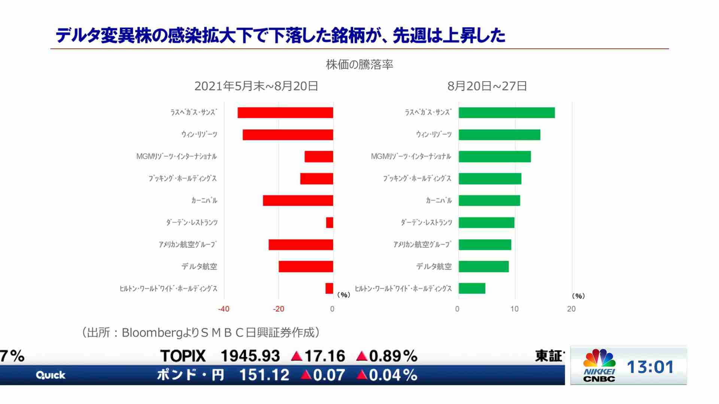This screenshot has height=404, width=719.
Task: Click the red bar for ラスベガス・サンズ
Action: pyautogui.click(x=285, y=113)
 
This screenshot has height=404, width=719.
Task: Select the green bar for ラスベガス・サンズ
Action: pyautogui.click(x=506, y=113)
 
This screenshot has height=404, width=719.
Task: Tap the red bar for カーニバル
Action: pyautogui.click(x=298, y=201)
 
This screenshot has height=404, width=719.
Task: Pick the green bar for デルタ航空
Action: pyautogui.click(x=483, y=267)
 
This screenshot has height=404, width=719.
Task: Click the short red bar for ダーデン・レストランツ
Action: pyautogui.click(x=330, y=223)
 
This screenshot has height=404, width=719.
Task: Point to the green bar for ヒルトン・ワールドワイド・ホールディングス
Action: pyautogui.click(x=472, y=288)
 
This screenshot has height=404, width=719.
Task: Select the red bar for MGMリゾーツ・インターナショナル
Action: pyautogui.click(x=319, y=157)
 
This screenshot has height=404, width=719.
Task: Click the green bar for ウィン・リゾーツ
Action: pyautogui.click(x=499, y=135)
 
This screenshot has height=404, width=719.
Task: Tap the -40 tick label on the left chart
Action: pyautogui.click(x=224, y=309)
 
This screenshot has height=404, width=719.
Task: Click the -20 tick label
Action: pyautogui.click(x=278, y=309)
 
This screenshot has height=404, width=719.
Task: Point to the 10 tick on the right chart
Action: pyautogui.click(x=515, y=309)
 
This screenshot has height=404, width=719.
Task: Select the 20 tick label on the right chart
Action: pyautogui.click(x=571, y=309)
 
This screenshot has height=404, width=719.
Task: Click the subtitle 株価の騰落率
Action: pyautogui.click(x=359, y=65)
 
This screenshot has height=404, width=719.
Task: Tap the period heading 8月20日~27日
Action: pyautogui.click(x=487, y=86)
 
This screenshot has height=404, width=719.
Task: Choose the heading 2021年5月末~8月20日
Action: pyautogui.click(x=256, y=86)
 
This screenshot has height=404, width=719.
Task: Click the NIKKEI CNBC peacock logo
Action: pyautogui.click(x=599, y=359)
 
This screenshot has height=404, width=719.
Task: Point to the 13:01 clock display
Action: pyautogui.click(x=650, y=367)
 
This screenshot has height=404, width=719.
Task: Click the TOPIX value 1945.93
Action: pyautogui.click(x=250, y=356)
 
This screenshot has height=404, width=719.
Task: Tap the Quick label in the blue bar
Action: pyautogui.click(x=51, y=375)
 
